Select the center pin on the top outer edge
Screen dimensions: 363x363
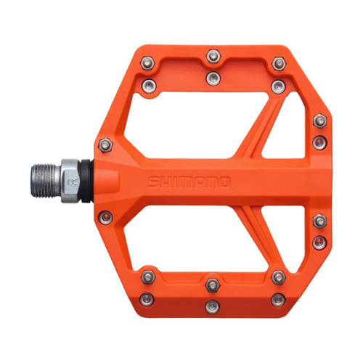pos(212,54)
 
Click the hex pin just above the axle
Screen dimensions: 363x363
pos(106,146)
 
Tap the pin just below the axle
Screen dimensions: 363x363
pos(106,216)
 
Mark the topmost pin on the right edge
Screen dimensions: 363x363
pos(319,121)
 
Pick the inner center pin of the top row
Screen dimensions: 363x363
pos(212,76)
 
